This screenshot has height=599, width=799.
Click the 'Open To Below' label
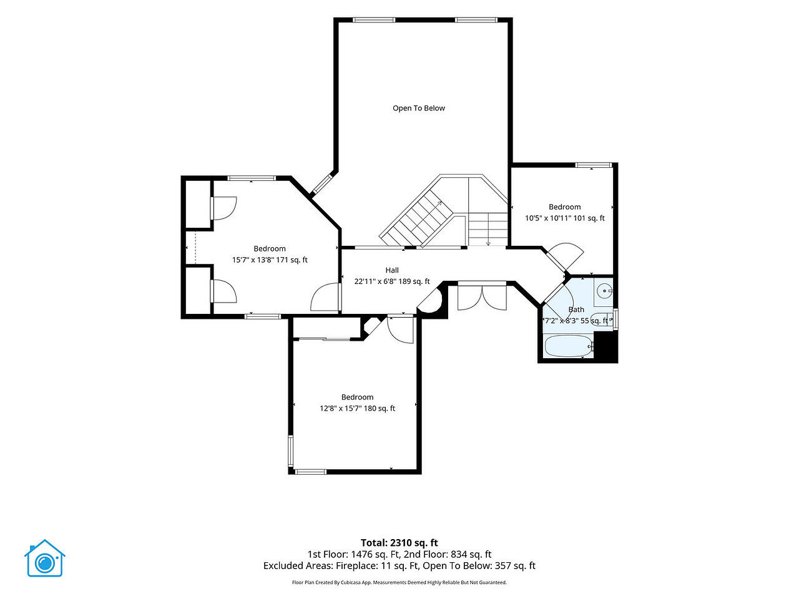pyautogui.click(x=419, y=108)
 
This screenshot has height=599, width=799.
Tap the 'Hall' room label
pyautogui.click(x=392, y=270)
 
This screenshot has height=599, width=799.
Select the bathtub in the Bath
pyautogui.click(x=569, y=346)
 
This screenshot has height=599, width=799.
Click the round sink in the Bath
pyautogui.click(x=605, y=291)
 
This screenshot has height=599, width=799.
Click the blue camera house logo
pyautogui.click(x=45, y=558)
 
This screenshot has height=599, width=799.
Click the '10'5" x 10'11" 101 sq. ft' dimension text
pyautogui.click(x=564, y=218)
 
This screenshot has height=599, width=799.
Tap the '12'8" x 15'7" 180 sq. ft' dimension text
pyautogui.click(x=357, y=408)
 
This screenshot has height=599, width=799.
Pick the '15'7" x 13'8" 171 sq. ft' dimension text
pyautogui.click(x=270, y=260)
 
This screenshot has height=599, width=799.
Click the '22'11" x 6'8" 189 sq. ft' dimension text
pyautogui.click(x=392, y=281)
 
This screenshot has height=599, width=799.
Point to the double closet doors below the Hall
pyautogui.click(x=482, y=298)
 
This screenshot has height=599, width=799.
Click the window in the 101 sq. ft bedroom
pyautogui.click(x=594, y=165)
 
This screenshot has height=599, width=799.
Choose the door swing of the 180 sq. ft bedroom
pyautogui.click(x=400, y=330)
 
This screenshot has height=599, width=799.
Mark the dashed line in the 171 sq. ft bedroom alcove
pyautogui.click(x=195, y=248)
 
